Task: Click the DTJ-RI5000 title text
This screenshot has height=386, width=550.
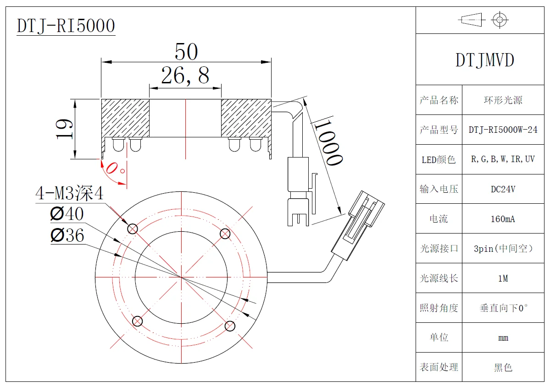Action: [x=66, y=26]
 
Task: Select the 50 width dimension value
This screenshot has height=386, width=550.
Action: [x=186, y=52]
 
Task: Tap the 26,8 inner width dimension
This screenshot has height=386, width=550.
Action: [x=185, y=76]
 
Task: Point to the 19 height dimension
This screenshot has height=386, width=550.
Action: [x=65, y=129]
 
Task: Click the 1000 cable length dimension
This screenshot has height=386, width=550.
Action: [x=329, y=142]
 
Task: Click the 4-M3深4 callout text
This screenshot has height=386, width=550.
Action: [x=70, y=194]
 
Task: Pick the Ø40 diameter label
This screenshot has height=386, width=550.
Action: [x=67, y=214]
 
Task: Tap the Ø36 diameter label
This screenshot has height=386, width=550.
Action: [x=67, y=235]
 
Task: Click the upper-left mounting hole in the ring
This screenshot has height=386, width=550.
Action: [x=133, y=228]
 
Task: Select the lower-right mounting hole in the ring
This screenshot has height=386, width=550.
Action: [x=230, y=326]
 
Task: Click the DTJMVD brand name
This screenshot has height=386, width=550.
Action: [x=484, y=60]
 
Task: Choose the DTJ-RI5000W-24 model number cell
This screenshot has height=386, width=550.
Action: [x=503, y=130]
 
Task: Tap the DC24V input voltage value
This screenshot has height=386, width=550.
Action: [x=503, y=189]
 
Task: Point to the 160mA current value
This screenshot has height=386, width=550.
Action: [x=503, y=219]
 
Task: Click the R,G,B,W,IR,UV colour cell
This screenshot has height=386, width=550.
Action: [x=503, y=159]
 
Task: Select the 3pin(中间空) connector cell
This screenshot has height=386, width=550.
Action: [x=503, y=249]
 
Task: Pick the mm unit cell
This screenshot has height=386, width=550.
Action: [x=503, y=338]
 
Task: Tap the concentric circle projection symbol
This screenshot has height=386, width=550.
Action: [x=500, y=20]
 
